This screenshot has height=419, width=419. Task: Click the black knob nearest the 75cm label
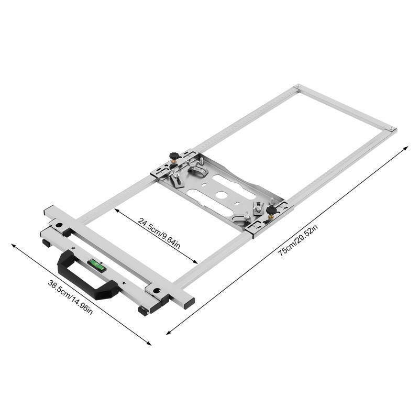(x=271, y=211)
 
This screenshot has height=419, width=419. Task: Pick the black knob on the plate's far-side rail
(x=174, y=156)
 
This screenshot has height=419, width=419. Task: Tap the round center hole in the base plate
(x=222, y=194)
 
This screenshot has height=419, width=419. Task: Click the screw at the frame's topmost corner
(x=297, y=86)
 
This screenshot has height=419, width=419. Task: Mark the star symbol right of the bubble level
(x=123, y=283)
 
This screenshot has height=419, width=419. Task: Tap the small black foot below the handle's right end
(x=142, y=311)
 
